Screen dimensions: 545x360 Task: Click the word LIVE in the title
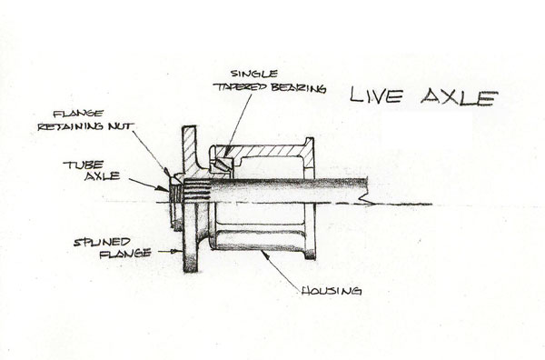[376, 95]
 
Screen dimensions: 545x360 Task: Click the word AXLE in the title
[459, 96]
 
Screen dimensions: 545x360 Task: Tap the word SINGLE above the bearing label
[254, 74]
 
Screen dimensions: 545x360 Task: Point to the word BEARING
[299, 88]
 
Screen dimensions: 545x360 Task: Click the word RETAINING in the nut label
[71, 126]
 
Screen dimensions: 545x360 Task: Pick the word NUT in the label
[120, 126]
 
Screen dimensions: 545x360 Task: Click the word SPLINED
[102, 242]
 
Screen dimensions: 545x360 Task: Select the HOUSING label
[332, 291]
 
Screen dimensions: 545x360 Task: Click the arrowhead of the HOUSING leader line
[265, 255]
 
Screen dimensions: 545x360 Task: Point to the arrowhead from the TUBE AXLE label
[163, 188]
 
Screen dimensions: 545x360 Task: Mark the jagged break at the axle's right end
[365, 196]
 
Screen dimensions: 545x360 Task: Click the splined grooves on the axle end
[197, 190]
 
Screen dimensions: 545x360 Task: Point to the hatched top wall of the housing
[263, 151]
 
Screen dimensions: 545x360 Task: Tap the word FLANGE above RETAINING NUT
[78, 114]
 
